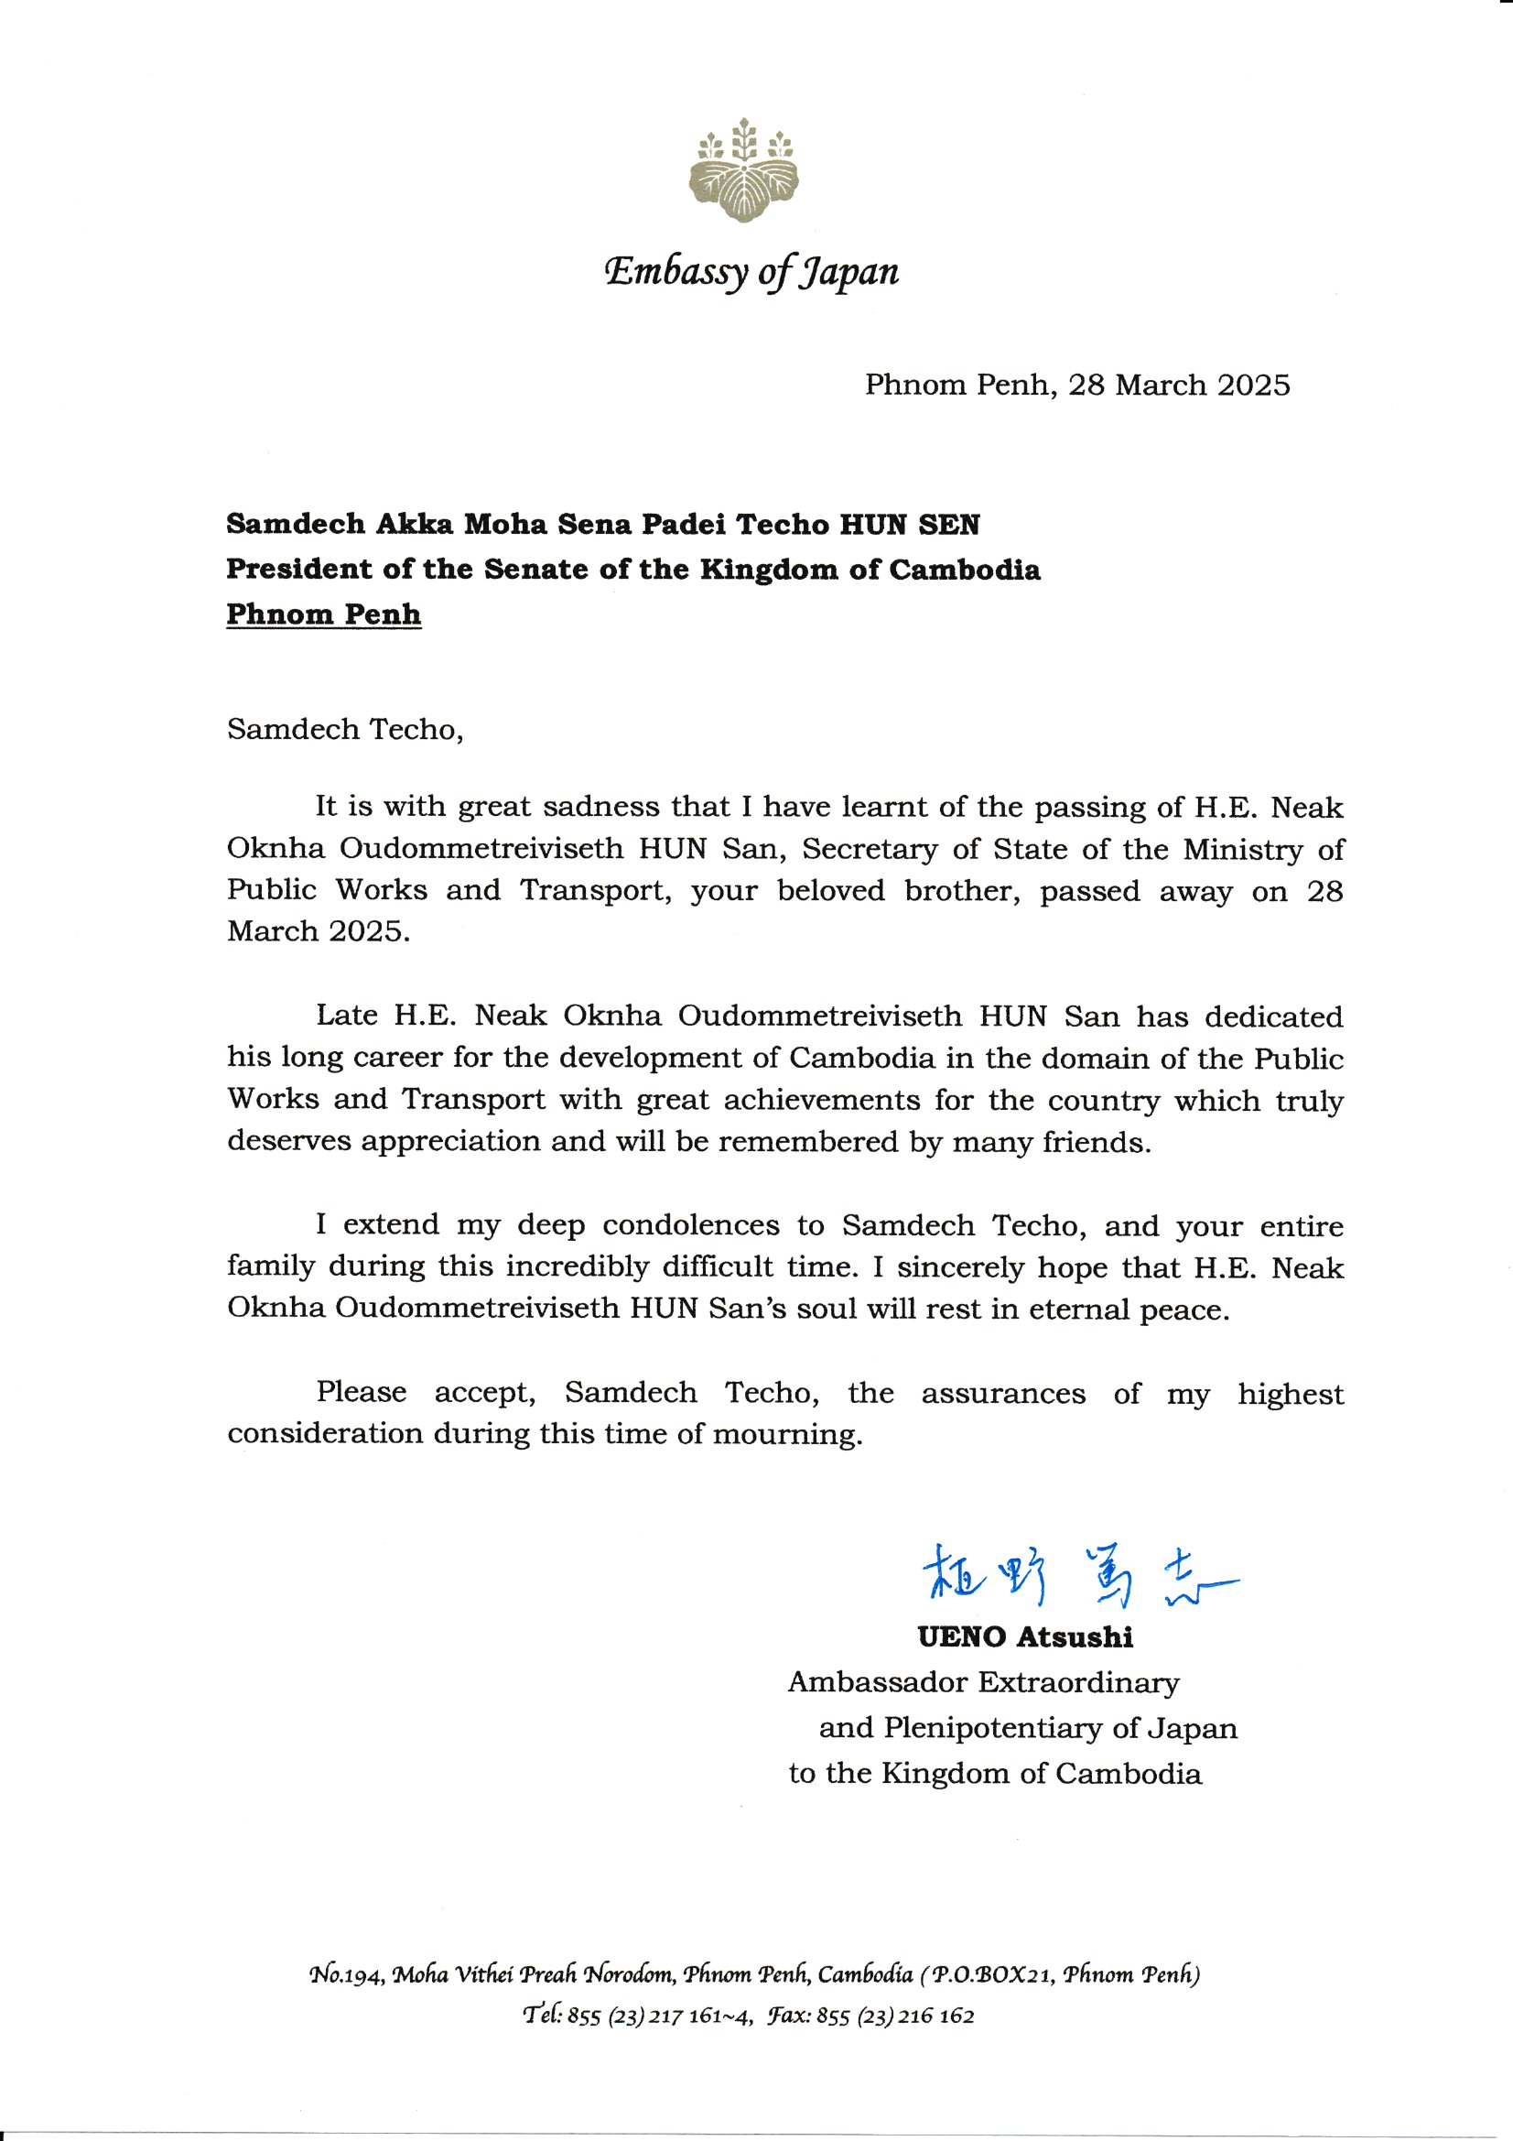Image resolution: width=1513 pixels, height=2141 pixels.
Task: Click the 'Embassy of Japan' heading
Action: [751, 271]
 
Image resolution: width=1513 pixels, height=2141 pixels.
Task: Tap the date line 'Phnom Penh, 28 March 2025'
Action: [1076, 386]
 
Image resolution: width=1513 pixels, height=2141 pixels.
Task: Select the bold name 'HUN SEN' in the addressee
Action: [910, 525]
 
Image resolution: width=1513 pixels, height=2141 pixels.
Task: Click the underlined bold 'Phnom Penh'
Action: [323, 614]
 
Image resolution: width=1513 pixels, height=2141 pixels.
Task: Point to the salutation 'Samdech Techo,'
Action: [345, 729]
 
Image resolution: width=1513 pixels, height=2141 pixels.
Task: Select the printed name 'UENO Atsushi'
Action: [1025, 1636]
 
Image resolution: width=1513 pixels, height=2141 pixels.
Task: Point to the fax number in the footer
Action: [895, 2016]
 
